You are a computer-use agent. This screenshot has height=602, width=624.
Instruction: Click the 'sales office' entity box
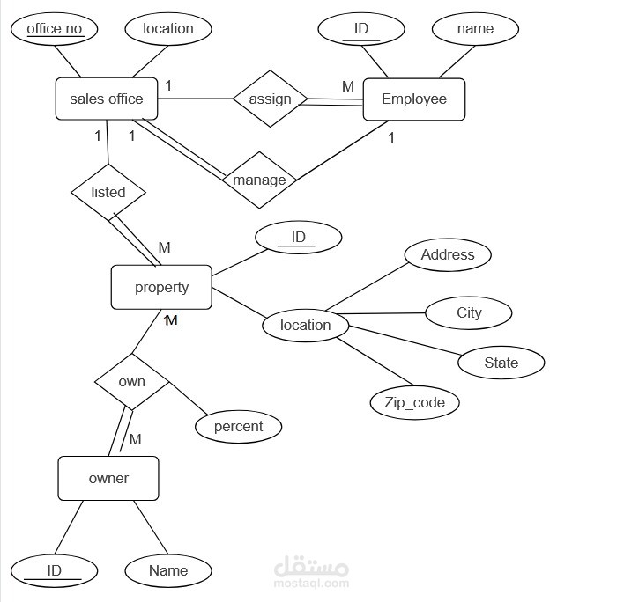click(107, 99)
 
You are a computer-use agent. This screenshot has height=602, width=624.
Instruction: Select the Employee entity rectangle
click(414, 99)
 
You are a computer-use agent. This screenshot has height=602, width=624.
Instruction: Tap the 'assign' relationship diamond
click(271, 99)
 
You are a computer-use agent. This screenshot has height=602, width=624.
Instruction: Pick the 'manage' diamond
click(259, 180)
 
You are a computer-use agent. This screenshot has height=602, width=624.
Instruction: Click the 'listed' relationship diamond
click(108, 193)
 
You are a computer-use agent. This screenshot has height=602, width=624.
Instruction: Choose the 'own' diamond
click(131, 382)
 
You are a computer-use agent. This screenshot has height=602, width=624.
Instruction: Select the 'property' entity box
click(161, 287)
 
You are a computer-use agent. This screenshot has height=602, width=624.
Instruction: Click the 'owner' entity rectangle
click(108, 479)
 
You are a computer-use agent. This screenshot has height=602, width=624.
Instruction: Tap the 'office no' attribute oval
click(54, 29)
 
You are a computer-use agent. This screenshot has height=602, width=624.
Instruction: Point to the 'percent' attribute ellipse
click(238, 427)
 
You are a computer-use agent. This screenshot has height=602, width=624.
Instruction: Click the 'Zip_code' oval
click(414, 403)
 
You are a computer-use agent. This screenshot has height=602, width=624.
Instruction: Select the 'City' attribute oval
click(469, 312)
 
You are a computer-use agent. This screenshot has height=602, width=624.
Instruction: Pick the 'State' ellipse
click(501, 363)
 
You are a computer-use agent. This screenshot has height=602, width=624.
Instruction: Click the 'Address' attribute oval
click(448, 254)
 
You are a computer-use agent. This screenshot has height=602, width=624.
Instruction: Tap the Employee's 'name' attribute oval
click(475, 29)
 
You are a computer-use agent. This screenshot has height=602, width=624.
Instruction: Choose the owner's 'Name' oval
click(168, 570)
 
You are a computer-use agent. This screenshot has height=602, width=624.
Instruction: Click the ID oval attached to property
click(299, 238)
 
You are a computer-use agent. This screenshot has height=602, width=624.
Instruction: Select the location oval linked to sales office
click(168, 29)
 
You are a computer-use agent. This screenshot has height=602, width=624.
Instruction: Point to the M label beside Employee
click(348, 86)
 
